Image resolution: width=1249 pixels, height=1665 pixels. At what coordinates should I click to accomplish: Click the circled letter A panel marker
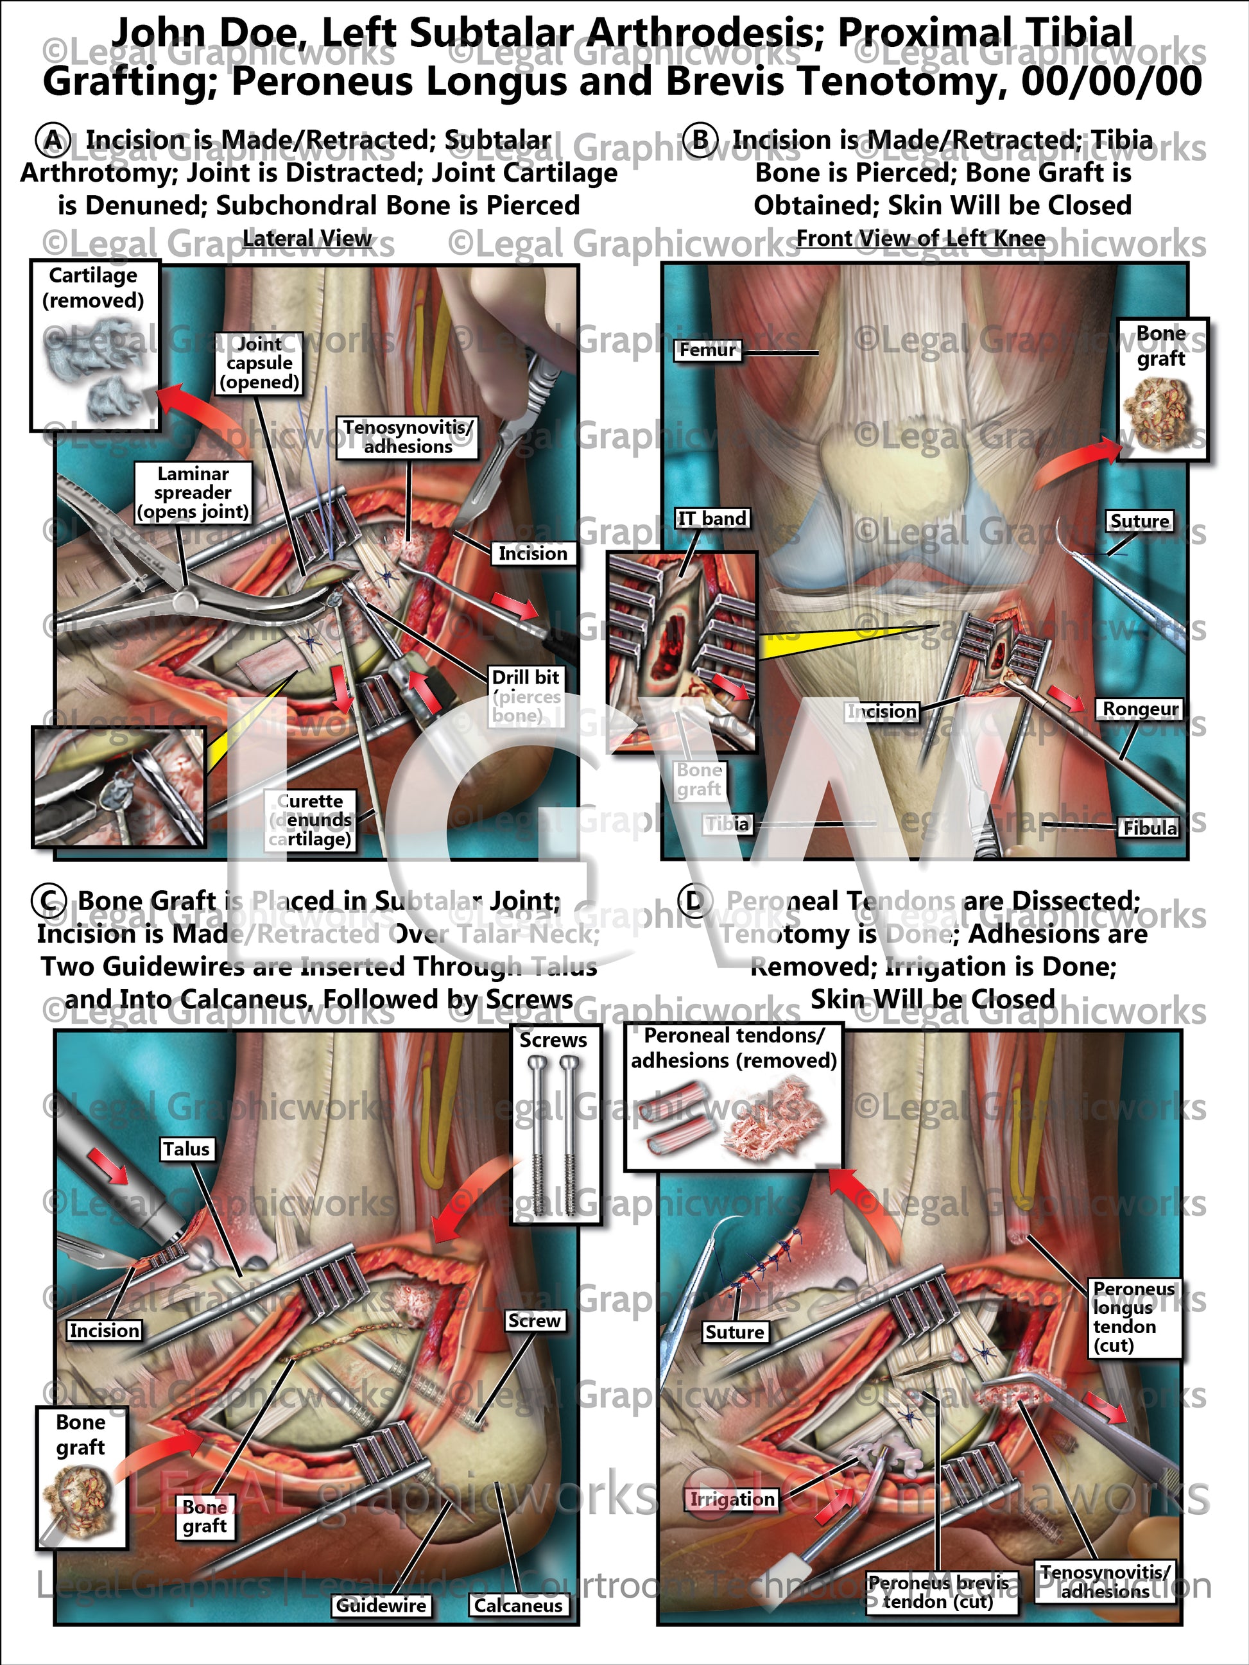(53, 140)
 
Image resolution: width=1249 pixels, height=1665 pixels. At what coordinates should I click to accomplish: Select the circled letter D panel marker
(694, 901)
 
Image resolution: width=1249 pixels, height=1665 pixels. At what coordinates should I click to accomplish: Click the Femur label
(707, 350)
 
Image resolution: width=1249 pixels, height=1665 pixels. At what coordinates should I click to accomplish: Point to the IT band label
(711, 519)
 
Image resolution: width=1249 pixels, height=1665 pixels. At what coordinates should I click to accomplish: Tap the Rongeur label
(1140, 709)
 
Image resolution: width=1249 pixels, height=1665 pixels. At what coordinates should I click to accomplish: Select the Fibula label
(1150, 828)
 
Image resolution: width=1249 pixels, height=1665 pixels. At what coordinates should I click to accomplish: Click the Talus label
(186, 1149)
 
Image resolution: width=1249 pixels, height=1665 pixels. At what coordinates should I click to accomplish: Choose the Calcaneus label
(518, 1605)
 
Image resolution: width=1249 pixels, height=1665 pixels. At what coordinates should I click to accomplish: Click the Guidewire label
(381, 1605)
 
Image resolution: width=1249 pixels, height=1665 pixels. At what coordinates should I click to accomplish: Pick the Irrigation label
(732, 1499)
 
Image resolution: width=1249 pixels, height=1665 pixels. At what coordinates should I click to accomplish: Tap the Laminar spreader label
(193, 493)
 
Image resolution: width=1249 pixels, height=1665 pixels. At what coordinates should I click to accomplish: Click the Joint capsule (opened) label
(259, 363)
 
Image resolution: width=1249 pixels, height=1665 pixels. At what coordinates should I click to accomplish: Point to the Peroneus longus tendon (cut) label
(1134, 1317)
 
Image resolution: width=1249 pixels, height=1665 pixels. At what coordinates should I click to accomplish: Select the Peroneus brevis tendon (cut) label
(938, 1592)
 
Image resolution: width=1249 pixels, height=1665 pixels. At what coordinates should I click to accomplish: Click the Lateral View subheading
(307, 239)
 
